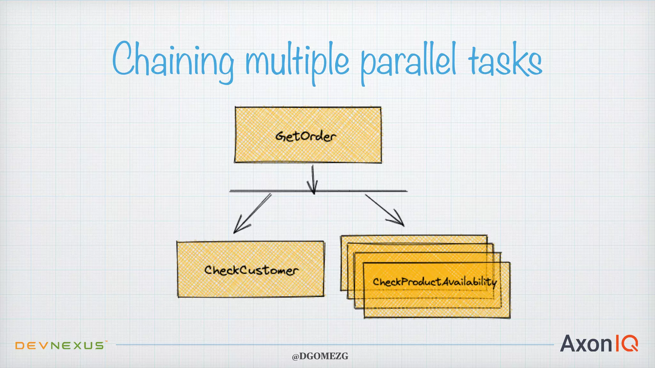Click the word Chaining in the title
tap(173, 61)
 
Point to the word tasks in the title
tap(505, 61)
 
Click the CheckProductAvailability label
tap(435, 282)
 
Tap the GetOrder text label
tap(306, 136)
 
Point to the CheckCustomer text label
tap(251, 270)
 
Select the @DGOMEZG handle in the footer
tap(320, 356)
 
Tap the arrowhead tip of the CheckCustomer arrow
tap(234, 233)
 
